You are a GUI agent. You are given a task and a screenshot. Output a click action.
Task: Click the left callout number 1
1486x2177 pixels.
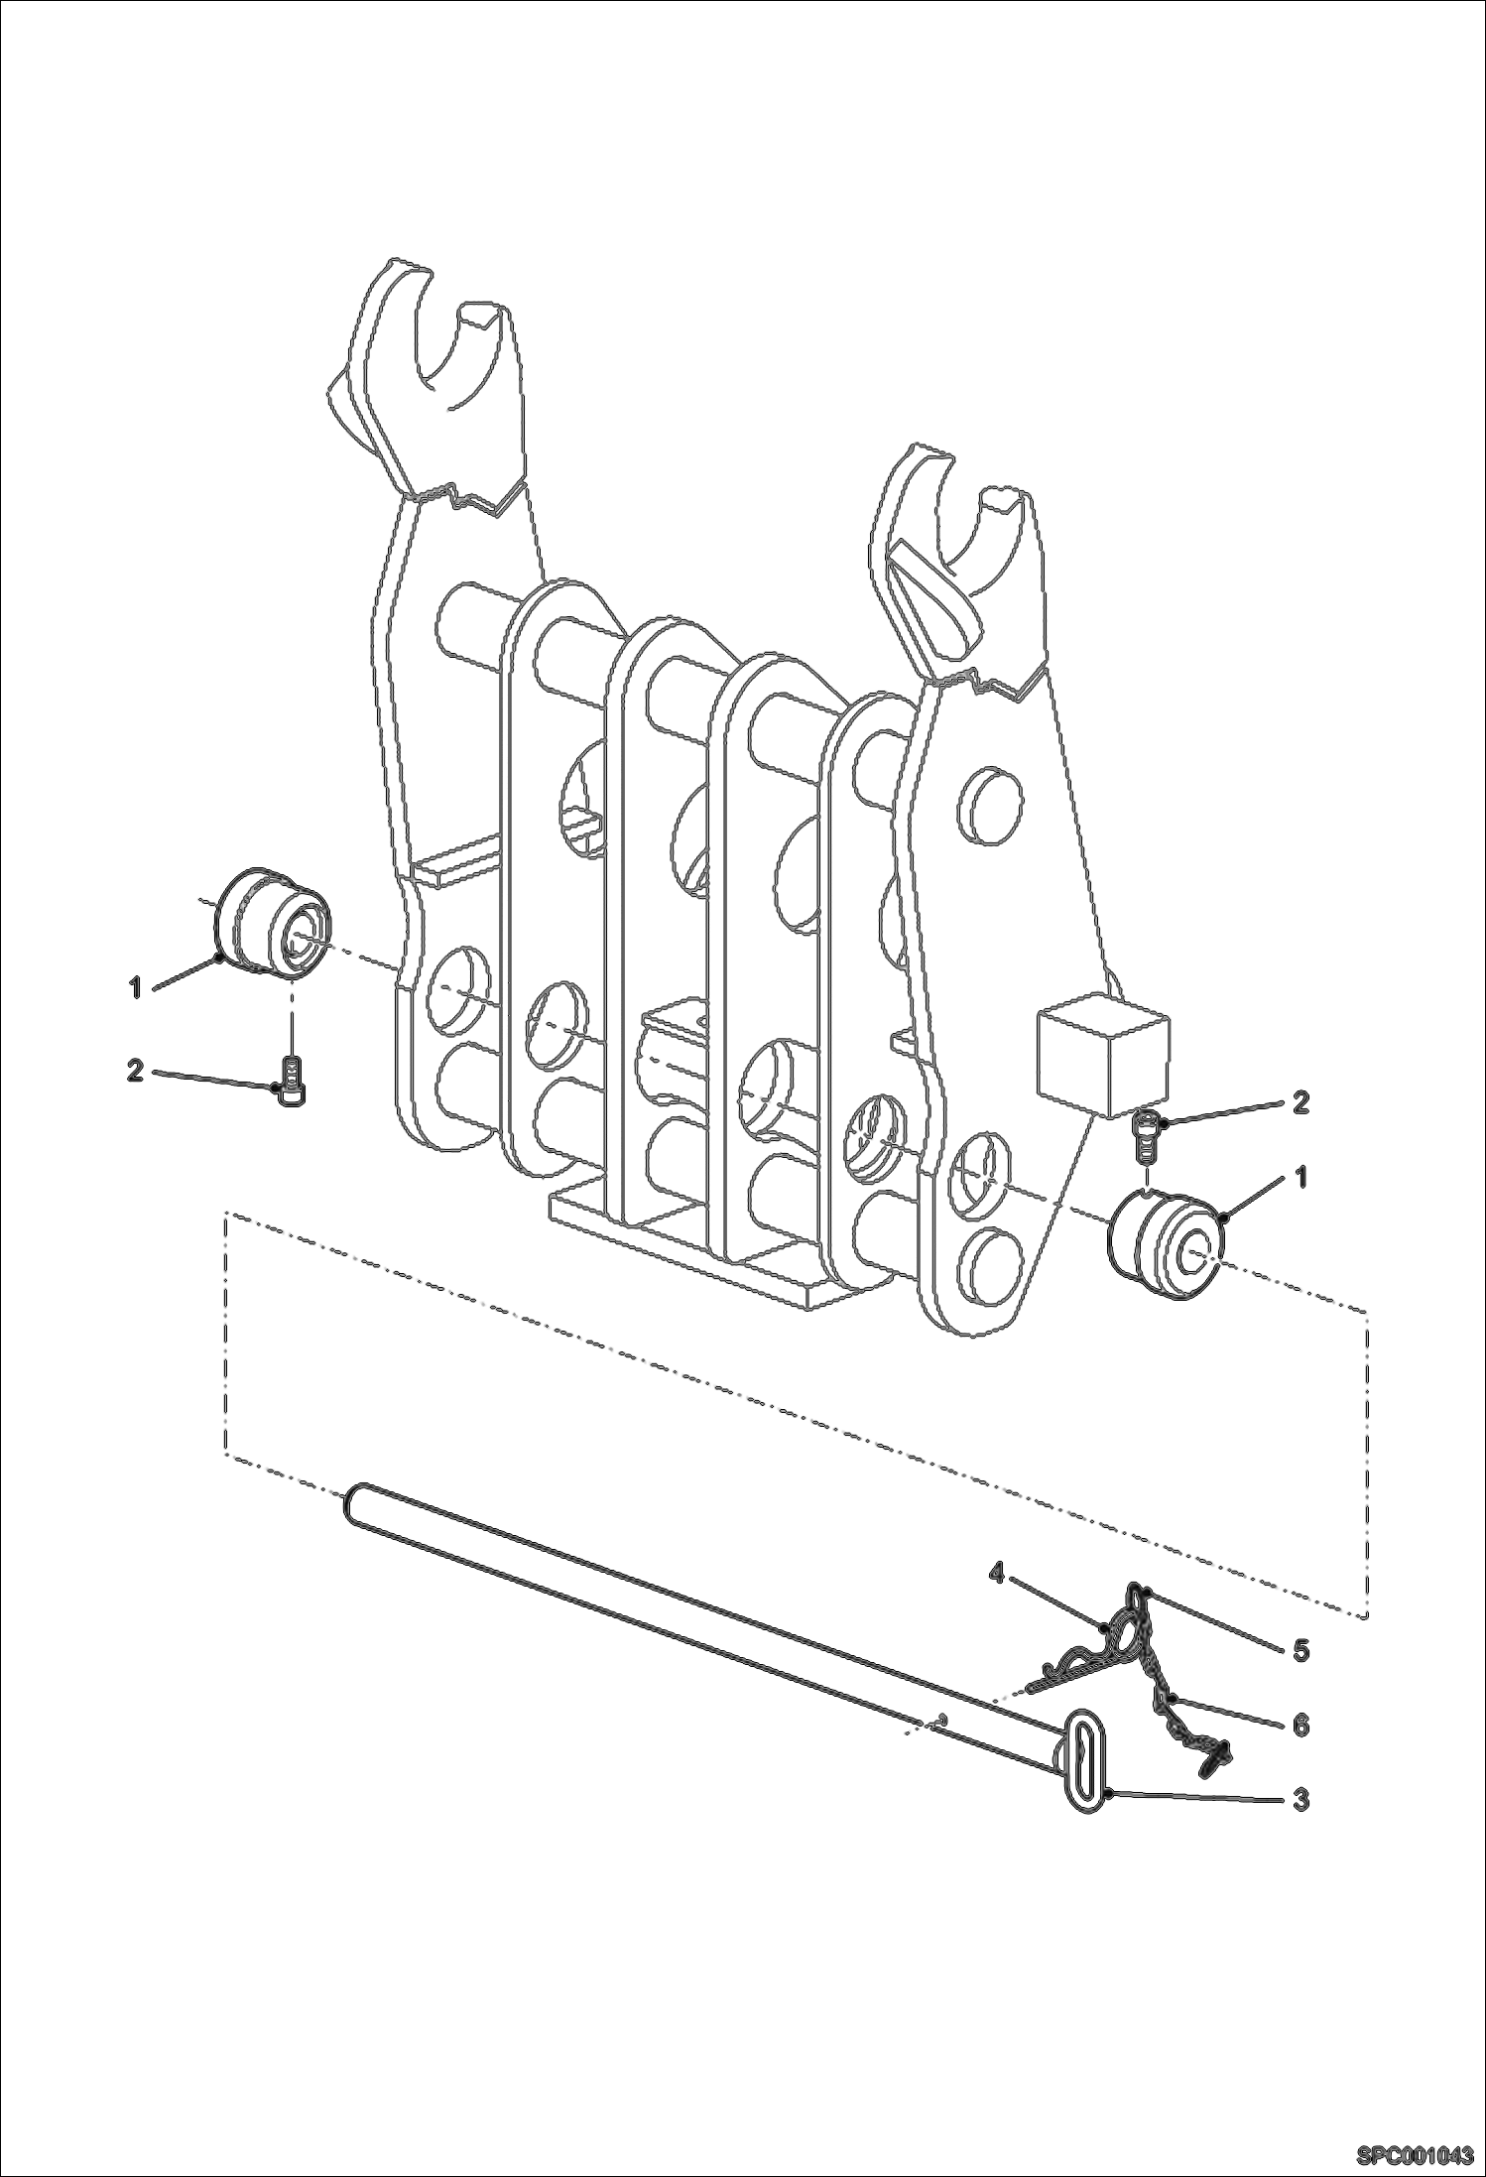click(136, 987)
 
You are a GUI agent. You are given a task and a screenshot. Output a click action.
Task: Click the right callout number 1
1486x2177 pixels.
click(1300, 1177)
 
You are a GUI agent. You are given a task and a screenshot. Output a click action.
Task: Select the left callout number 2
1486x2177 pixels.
click(135, 1071)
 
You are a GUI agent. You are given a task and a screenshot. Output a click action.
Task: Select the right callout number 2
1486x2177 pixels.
click(1300, 1101)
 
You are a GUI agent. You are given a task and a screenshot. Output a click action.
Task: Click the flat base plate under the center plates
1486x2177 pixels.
click(694, 1260)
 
